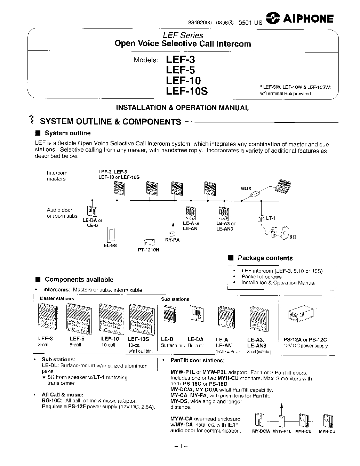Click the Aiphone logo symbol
coord(273,19)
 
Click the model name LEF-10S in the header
coord(187,91)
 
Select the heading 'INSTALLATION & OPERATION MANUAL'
coord(182,108)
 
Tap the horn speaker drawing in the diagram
coord(281,231)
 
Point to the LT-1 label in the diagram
coord(271,218)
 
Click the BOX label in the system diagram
coord(246,188)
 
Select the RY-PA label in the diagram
coord(172,240)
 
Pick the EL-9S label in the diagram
coord(110,246)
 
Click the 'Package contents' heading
coord(265,258)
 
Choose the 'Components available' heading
coord(79,280)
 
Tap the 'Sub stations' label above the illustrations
coord(175,299)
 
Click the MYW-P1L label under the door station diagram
coord(281,431)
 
